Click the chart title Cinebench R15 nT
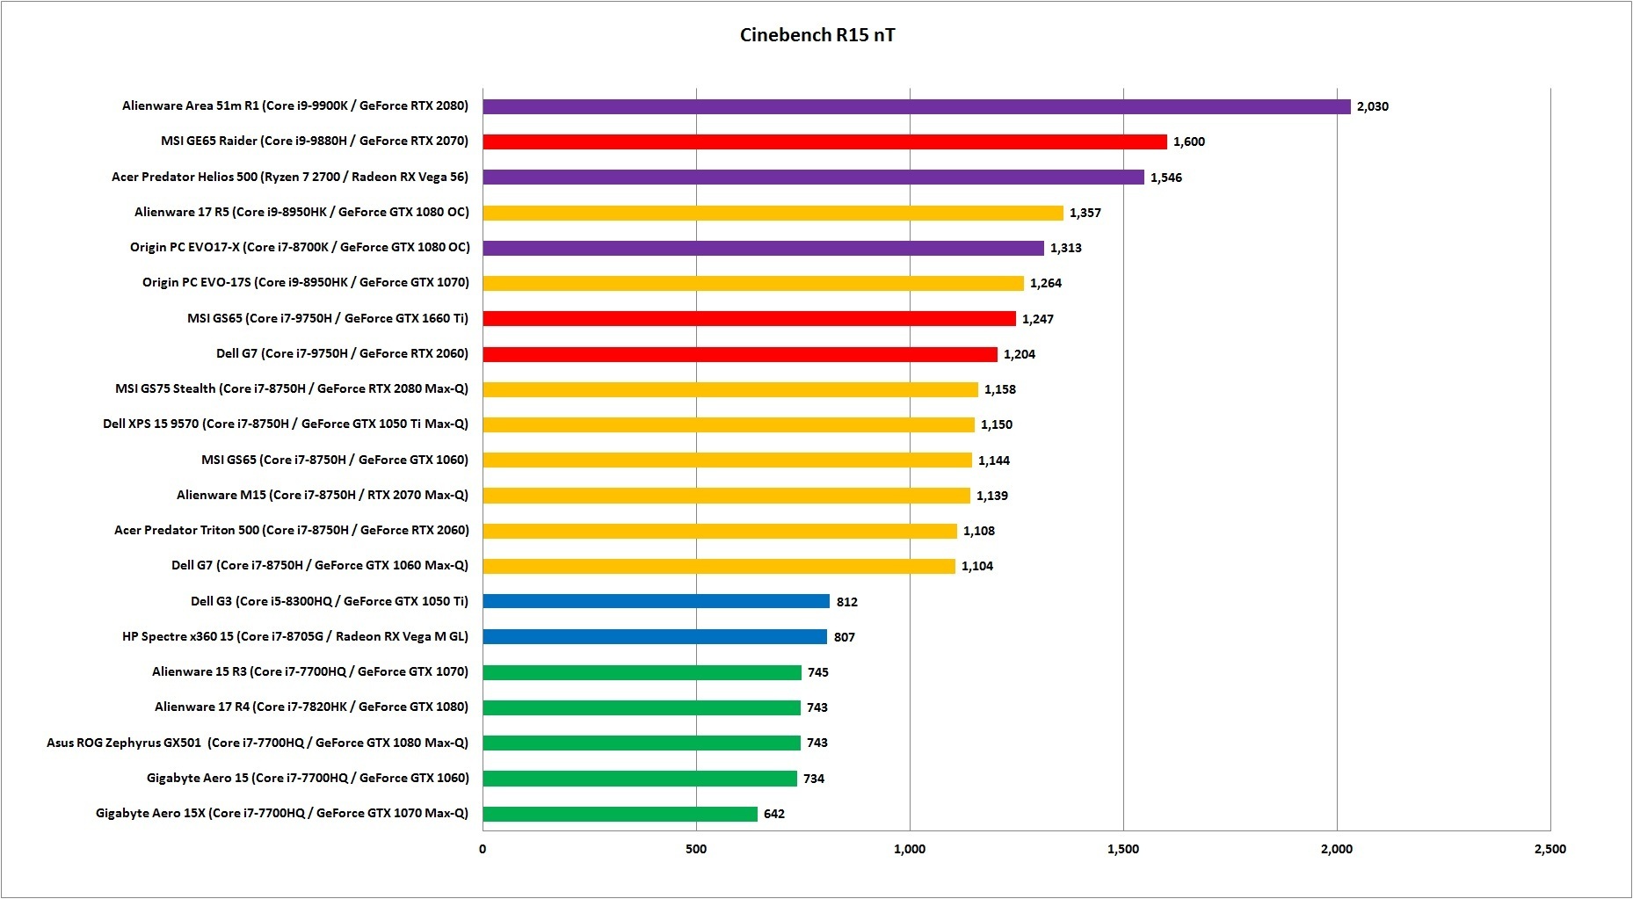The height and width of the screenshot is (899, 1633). (817, 35)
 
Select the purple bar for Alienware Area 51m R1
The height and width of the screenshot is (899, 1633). (916, 106)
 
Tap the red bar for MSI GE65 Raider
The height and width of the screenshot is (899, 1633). (824, 141)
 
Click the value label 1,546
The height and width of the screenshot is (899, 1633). (1165, 178)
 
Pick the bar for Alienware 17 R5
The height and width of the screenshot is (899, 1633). (773, 213)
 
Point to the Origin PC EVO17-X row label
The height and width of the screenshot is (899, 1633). (300, 247)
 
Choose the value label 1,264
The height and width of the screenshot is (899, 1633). (1045, 283)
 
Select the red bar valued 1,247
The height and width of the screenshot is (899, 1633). (749, 318)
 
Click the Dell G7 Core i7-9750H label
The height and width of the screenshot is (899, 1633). (342, 353)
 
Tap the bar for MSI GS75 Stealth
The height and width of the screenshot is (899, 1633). (729, 389)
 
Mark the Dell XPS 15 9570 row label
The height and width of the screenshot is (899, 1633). (286, 424)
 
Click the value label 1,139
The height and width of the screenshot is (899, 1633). (991, 496)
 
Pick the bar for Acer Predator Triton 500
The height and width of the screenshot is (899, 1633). (719, 531)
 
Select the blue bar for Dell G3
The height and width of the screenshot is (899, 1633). (656, 601)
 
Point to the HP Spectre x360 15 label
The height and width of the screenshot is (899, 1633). (295, 636)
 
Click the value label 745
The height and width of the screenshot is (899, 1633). (817, 672)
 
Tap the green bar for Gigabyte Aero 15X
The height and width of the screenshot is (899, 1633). (620, 814)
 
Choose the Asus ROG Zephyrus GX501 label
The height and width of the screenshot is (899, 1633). (258, 743)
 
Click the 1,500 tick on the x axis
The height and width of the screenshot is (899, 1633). (1122, 849)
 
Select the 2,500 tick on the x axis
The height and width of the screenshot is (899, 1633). (1550, 849)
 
